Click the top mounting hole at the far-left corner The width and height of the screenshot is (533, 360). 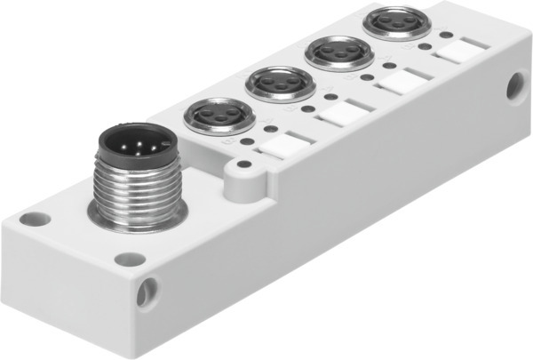(x=35, y=216)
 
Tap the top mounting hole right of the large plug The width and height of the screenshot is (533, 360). (x=130, y=259)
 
